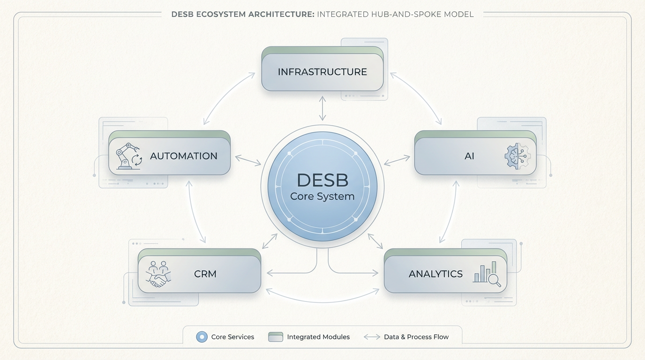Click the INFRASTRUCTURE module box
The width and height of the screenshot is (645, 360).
pyautogui.click(x=322, y=72)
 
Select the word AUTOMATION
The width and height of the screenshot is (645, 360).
pyautogui.click(x=183, y=156)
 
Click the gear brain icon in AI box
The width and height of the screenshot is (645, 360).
pyautogui.click(x=517, y=156)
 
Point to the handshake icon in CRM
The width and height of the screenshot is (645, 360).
pyautogui.click(x=158, y=274)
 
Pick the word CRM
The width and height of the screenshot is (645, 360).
pyautogui.click(x=205, y=274)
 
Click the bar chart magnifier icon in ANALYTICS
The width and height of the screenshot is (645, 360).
pyautogui.click(x=487, y=274)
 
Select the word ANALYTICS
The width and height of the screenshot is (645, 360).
pyautogui.click(x=435, y=274)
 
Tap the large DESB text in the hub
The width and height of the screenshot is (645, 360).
pyautogui.click(x=322, y=180)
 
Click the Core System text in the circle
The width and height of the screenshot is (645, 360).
pyautogui.click(x=322, y=196)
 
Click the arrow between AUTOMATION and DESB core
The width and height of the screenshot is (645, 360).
pyautogui.click(x=248, y=160)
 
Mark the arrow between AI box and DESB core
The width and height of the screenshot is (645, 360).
pyautogui.click(x=397, y=160)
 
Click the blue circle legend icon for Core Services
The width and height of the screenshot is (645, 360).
pyautogui.click(x=202, y=337)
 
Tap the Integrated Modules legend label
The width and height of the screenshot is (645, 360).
pyautogui.click(x=318, y=337)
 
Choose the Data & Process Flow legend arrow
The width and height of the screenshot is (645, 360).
pyautogui.click(x=372, y=337)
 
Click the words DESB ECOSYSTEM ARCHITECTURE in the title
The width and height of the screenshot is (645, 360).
pyautogui.click(x=242, y=14)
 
